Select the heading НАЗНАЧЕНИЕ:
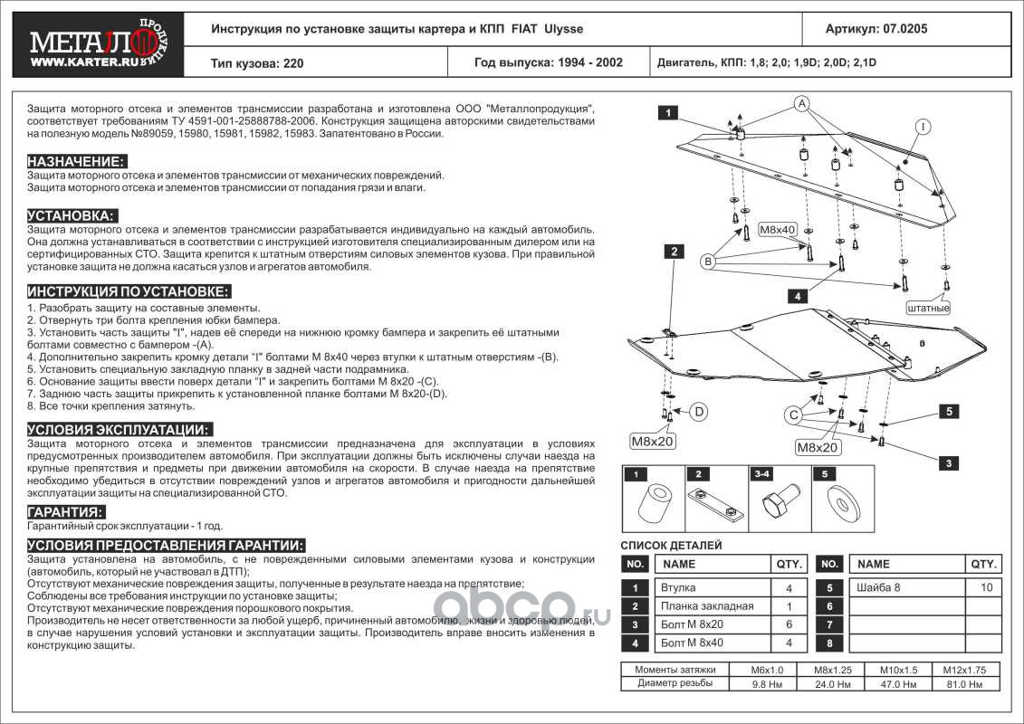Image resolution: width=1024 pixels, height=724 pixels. coord(76,160)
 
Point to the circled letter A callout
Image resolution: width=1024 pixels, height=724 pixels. coord(801,105)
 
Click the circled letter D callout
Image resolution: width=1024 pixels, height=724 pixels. coord(699,412)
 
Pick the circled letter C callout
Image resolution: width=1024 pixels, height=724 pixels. coord(794,414)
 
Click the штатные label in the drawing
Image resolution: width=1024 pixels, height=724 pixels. coord(928,308)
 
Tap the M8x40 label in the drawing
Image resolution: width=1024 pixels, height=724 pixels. coord(777,230)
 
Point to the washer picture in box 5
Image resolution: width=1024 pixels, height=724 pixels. coord(842,503)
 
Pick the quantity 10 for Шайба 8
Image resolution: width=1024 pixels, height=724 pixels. coord(985,587)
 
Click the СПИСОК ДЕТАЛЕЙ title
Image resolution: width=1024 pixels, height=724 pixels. coord(671,546)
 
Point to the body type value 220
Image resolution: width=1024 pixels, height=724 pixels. coord(294,63)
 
